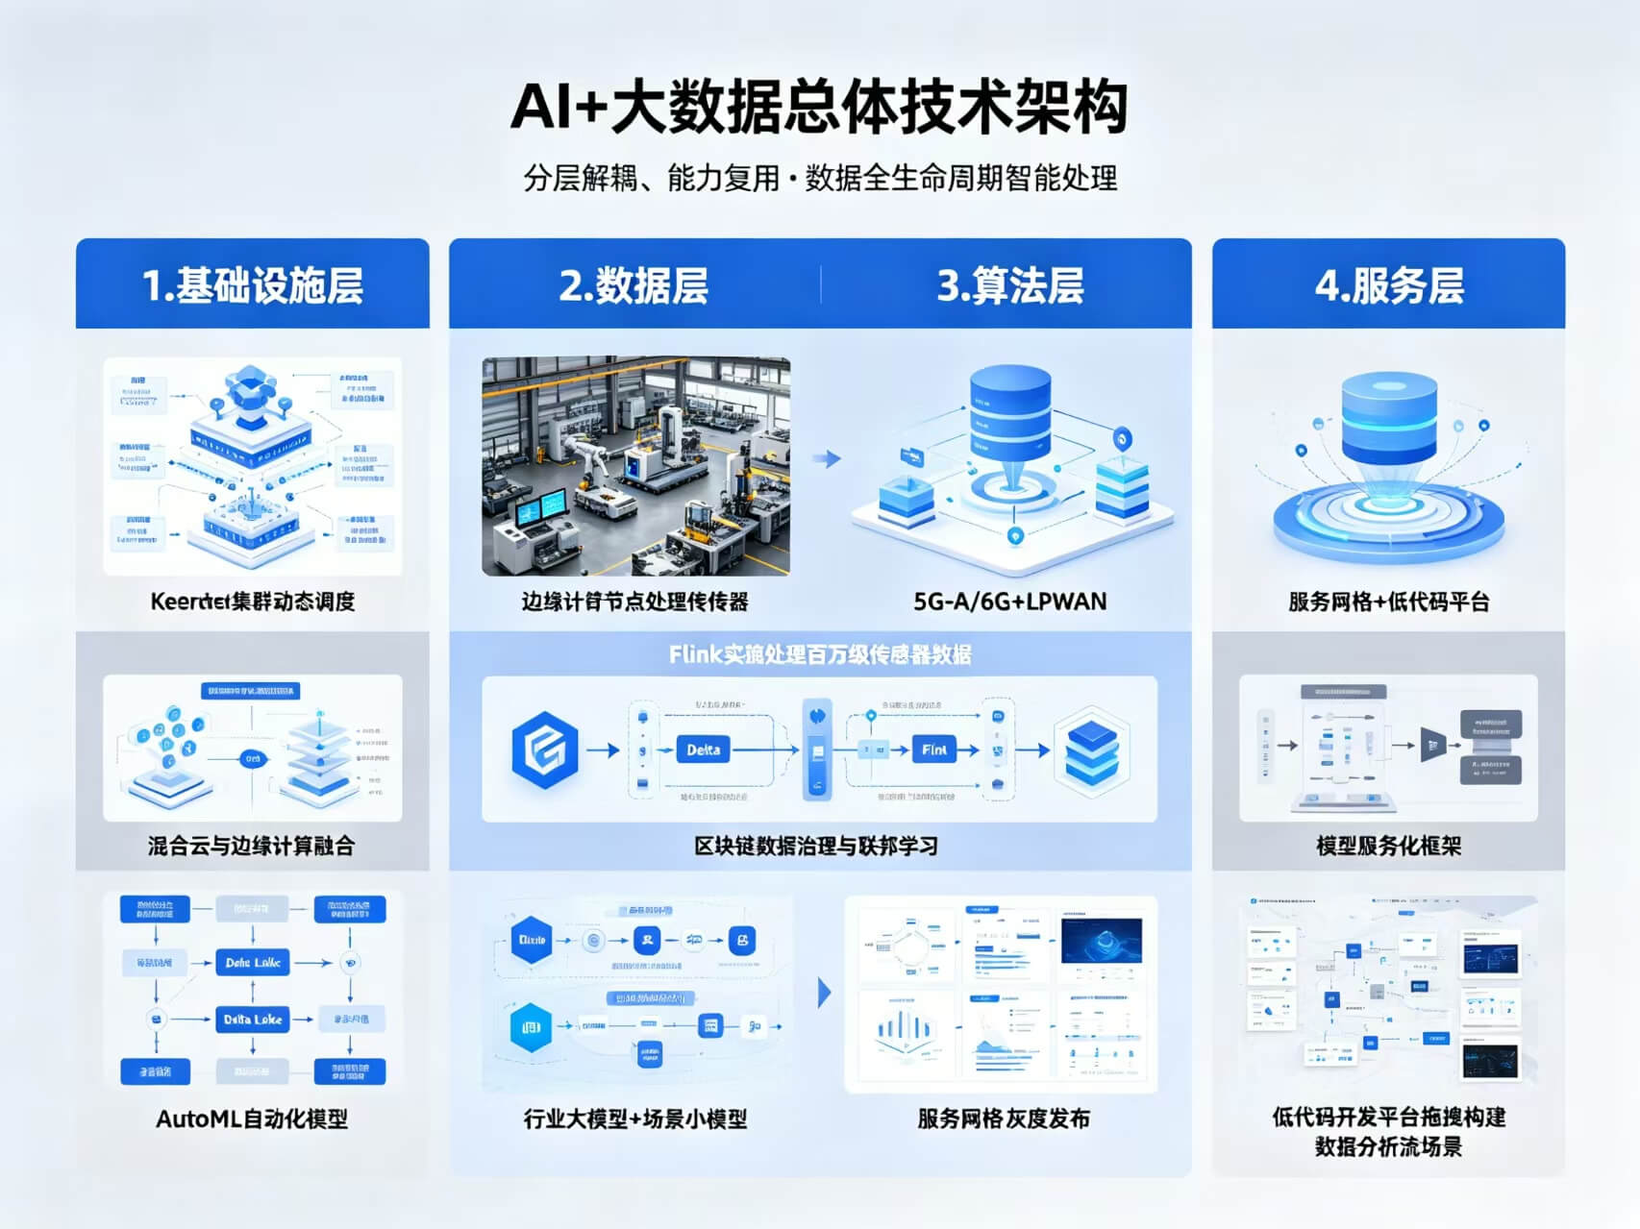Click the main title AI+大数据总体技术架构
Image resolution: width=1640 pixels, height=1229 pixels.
[818, 107]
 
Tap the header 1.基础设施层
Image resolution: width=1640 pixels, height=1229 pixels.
[252, 285]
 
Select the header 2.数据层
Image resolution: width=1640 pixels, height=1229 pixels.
[634, 285]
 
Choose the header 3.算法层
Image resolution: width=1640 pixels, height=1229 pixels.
[1009, 285]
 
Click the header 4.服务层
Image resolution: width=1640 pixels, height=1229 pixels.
[1388, 285]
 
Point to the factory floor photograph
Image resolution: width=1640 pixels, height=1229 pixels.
[635, 466]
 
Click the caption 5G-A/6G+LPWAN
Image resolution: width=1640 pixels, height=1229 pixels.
[1009, 602]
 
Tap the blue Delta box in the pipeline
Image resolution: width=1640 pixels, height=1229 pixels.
[703, 750]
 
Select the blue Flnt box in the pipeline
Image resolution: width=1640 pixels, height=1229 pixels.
[933, 750]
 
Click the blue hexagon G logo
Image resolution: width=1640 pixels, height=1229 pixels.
[545, 750]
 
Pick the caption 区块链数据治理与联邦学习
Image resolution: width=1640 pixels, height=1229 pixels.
[816, 846]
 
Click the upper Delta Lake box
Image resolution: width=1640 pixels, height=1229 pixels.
[253, 962]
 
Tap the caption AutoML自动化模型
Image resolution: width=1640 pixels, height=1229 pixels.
[252, 1118]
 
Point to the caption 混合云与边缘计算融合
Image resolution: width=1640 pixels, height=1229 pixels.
[252, 846]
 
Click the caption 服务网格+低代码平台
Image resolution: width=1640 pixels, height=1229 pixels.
[1388, 602]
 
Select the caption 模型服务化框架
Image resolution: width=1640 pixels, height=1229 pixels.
[1388, 846]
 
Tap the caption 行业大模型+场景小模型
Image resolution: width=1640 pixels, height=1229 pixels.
[634, 1118]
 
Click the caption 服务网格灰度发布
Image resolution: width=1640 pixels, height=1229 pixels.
[1003, 1118]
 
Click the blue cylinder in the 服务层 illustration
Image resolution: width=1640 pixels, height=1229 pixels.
[1388, 418]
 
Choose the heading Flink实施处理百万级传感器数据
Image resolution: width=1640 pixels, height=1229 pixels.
[820, 654]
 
